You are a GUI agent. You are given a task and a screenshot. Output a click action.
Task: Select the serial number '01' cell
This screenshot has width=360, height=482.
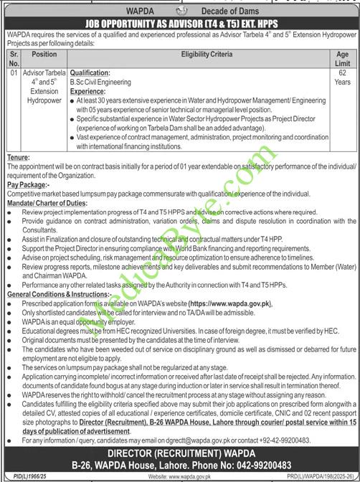click(x=16, y=72)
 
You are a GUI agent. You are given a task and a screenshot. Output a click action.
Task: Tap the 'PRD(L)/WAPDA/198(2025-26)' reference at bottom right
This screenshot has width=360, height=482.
click(x=315, y=476)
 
